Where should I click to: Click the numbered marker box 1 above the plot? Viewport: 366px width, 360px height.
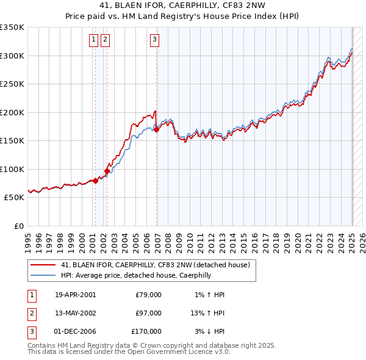pos(93,40)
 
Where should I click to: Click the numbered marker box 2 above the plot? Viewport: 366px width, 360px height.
pos(105,40)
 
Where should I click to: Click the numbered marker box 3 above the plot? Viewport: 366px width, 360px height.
pos(154,40)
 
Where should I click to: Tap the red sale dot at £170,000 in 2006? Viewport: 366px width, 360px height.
pos(157,129)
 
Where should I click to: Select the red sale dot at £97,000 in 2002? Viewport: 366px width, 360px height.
pos(107,171)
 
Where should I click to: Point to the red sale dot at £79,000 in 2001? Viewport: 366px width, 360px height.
pos(95,181)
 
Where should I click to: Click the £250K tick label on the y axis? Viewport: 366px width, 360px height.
pos(12,84)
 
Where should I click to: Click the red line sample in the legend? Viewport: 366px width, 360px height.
pos(43,265)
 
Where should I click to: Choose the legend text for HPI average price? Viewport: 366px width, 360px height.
pos(135,276)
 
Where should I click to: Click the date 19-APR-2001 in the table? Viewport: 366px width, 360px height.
pos(75,295)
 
